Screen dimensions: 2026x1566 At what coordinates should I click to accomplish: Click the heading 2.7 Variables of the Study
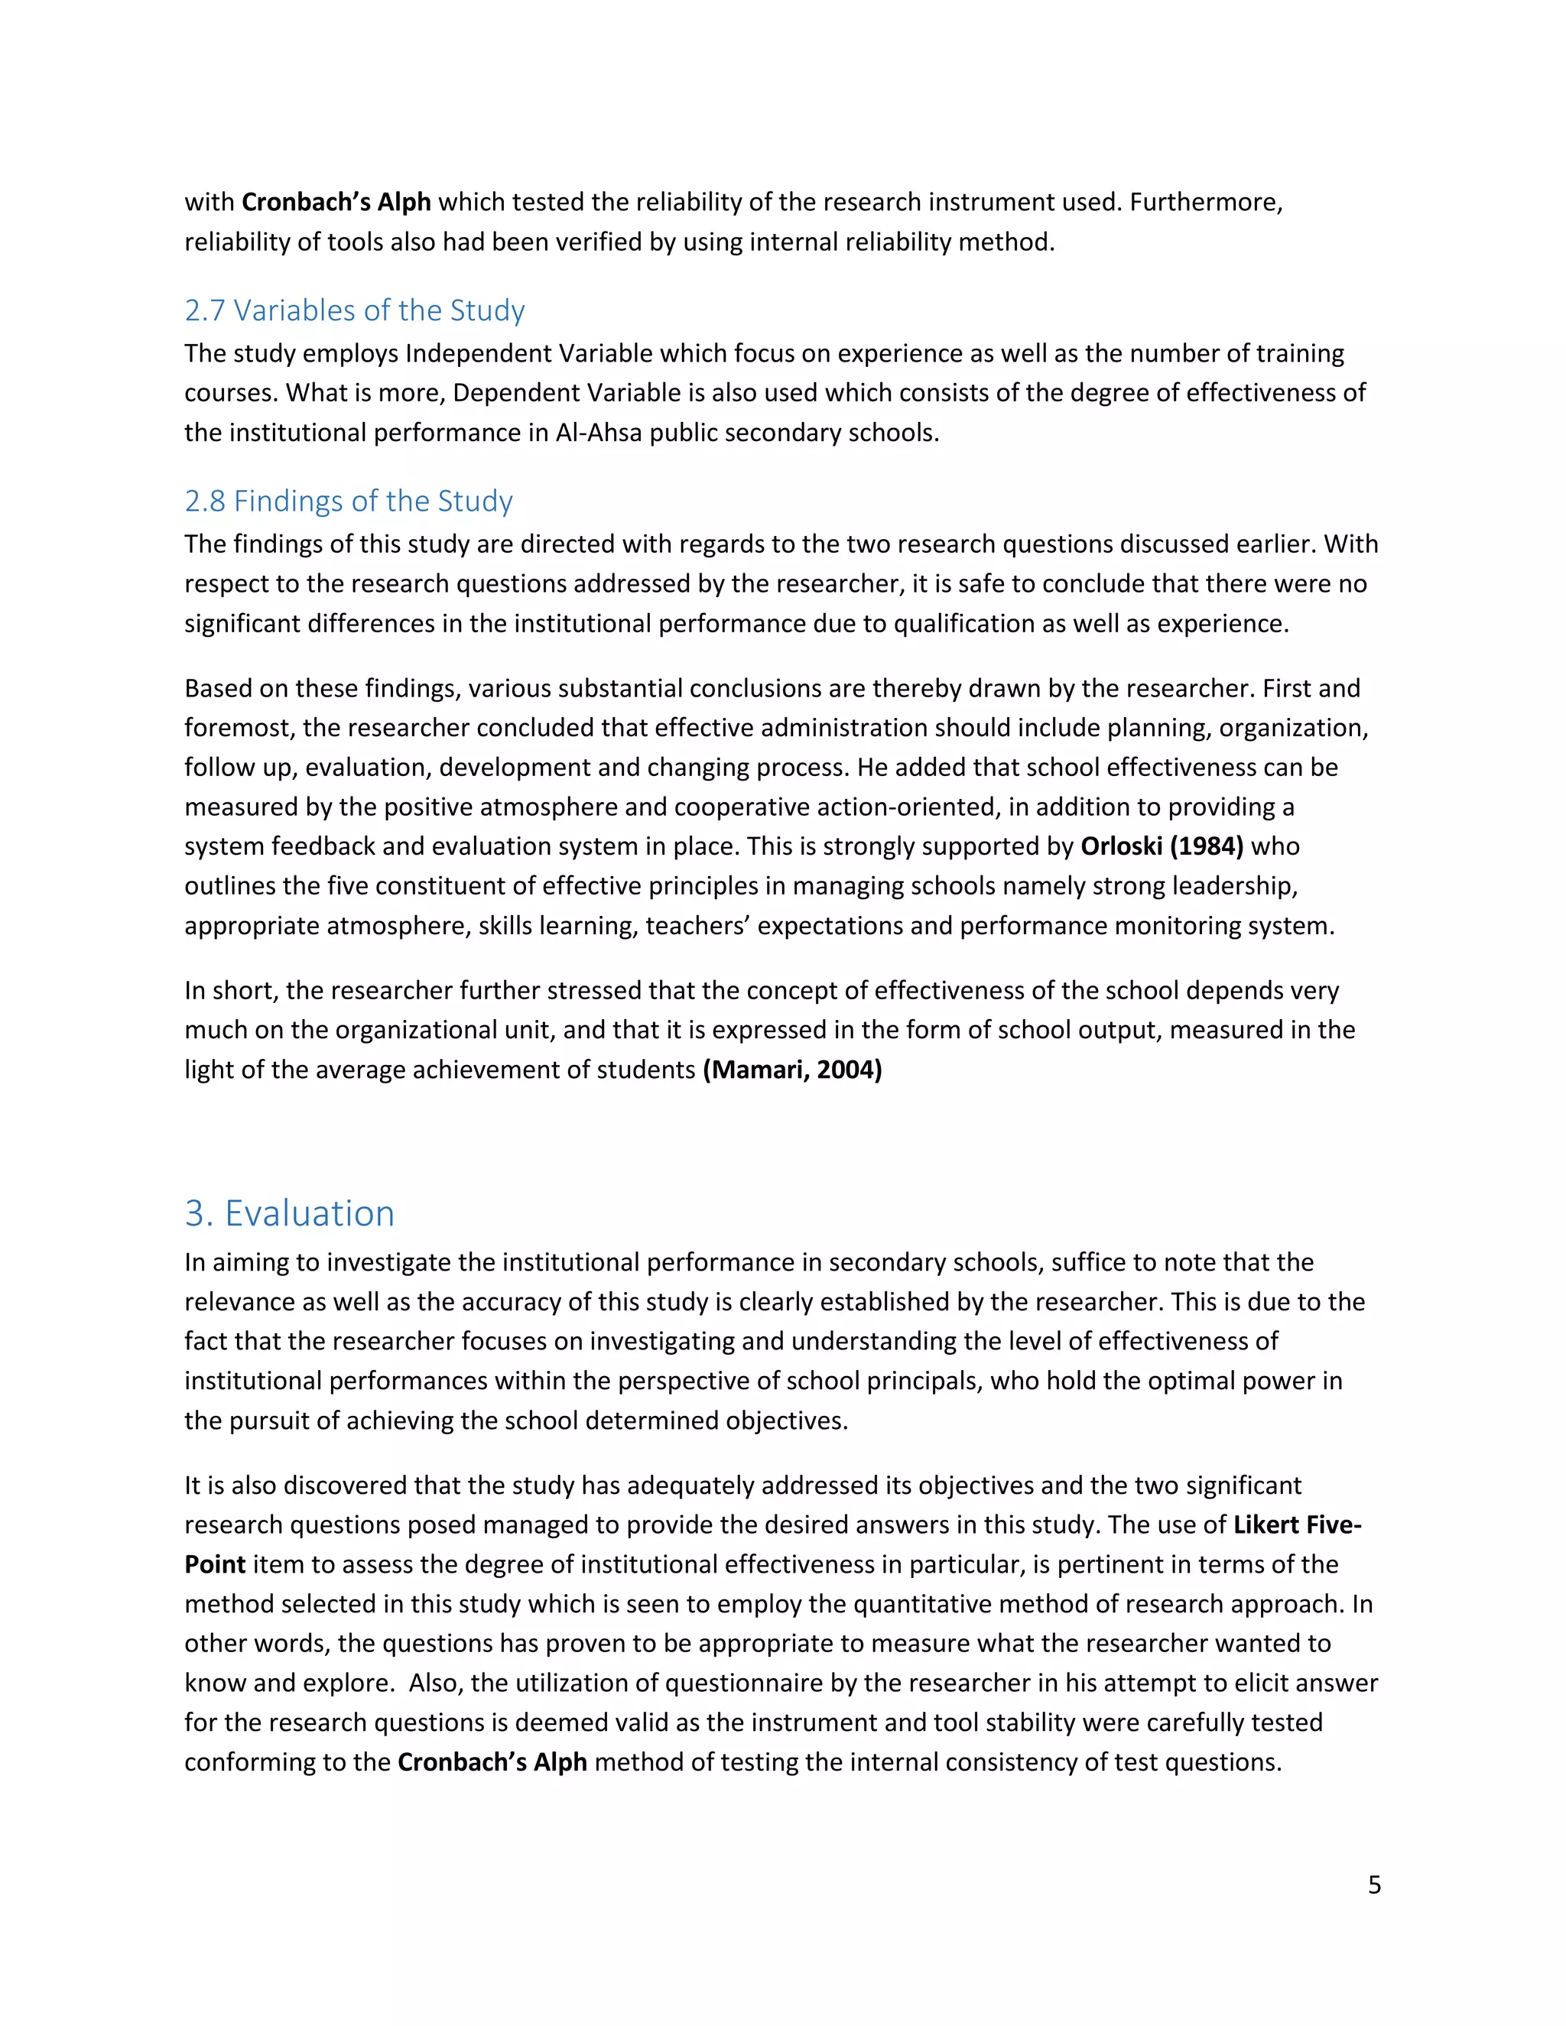[354, 310]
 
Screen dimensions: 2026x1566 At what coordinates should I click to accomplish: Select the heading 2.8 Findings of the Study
[348, 501]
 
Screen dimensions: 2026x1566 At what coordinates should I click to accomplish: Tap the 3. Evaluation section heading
[290, 1213]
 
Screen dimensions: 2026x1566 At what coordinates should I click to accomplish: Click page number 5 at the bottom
[1374, 1885]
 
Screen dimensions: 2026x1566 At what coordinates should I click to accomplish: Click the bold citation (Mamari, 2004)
[792, 1070]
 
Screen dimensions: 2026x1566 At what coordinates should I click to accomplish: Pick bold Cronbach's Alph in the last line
[492, 1761]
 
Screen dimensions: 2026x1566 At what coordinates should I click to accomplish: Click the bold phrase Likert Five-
[1296, 1524]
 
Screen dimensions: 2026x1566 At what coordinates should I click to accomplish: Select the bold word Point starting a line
[214, 1564]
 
